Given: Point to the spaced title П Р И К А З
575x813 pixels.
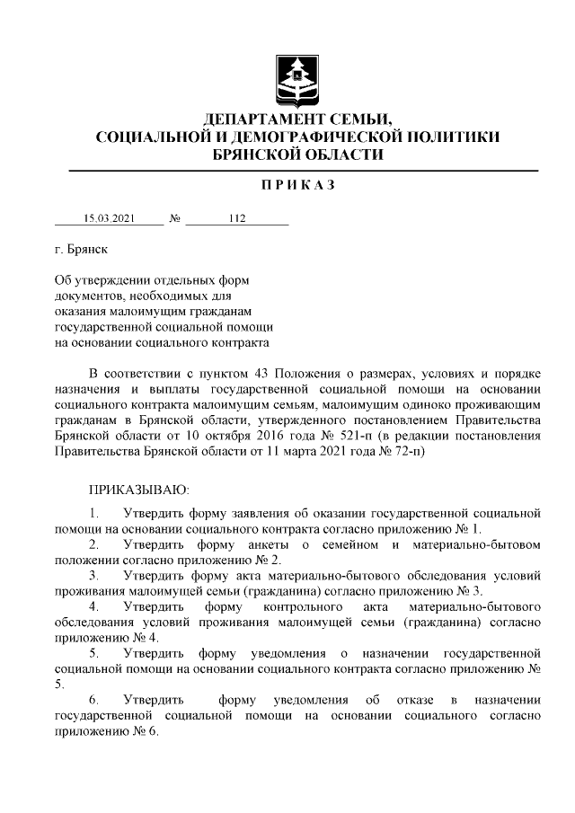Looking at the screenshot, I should (297, 185).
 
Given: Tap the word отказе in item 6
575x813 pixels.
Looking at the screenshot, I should (413, 700).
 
